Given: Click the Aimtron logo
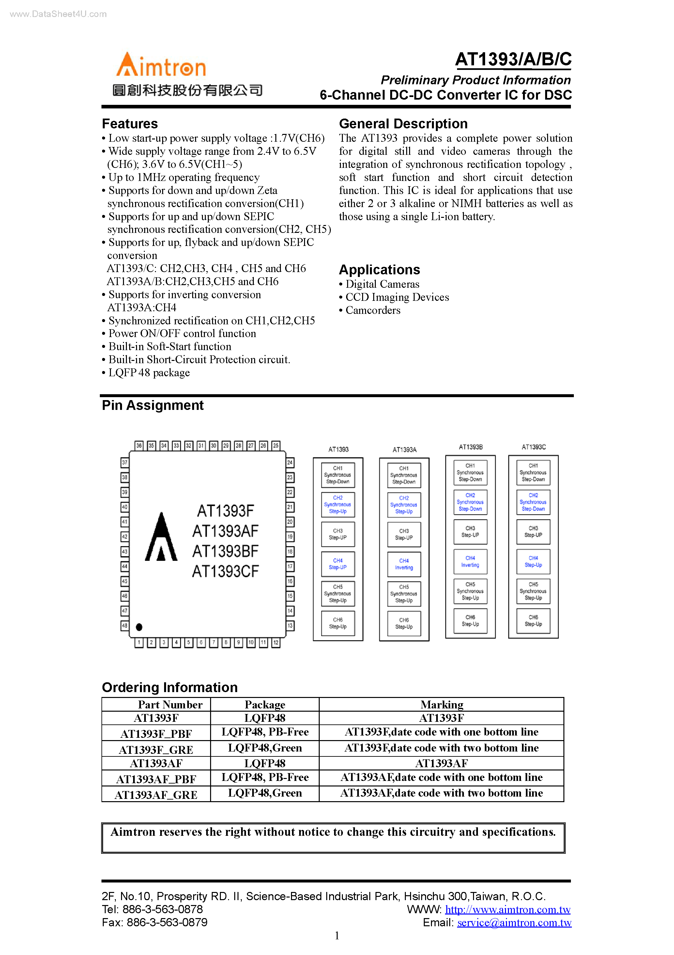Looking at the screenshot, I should (x=161, y=66).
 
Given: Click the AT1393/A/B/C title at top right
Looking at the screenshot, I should (x=513, y=59).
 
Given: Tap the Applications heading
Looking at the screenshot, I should (x=379, y=269).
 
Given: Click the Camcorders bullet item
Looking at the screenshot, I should (x=373, y=310).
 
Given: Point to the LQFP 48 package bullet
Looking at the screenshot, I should (x=149, y=373).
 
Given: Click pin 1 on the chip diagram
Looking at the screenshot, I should (x=139, y=643).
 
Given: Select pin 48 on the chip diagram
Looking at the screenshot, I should (x=124, y=625).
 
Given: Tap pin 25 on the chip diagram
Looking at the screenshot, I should (x=275, y=445).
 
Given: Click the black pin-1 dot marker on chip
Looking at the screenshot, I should (x=139, y=627).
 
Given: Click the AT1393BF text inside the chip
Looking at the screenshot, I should (x=225, y=551).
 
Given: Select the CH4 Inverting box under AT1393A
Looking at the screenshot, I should (x=404, y=564).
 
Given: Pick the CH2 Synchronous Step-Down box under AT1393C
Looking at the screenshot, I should (x=533, y=502).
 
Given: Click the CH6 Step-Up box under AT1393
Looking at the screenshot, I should (x=338, y=623).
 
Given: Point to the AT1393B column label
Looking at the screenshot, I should (x=470, y=447).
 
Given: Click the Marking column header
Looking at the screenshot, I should (x=441, y=704).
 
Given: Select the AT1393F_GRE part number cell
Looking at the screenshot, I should (x=156, y=750).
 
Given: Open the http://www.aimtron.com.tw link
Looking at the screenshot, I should (x=508, y=909).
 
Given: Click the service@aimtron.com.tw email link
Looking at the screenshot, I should (x=514, y=923).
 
